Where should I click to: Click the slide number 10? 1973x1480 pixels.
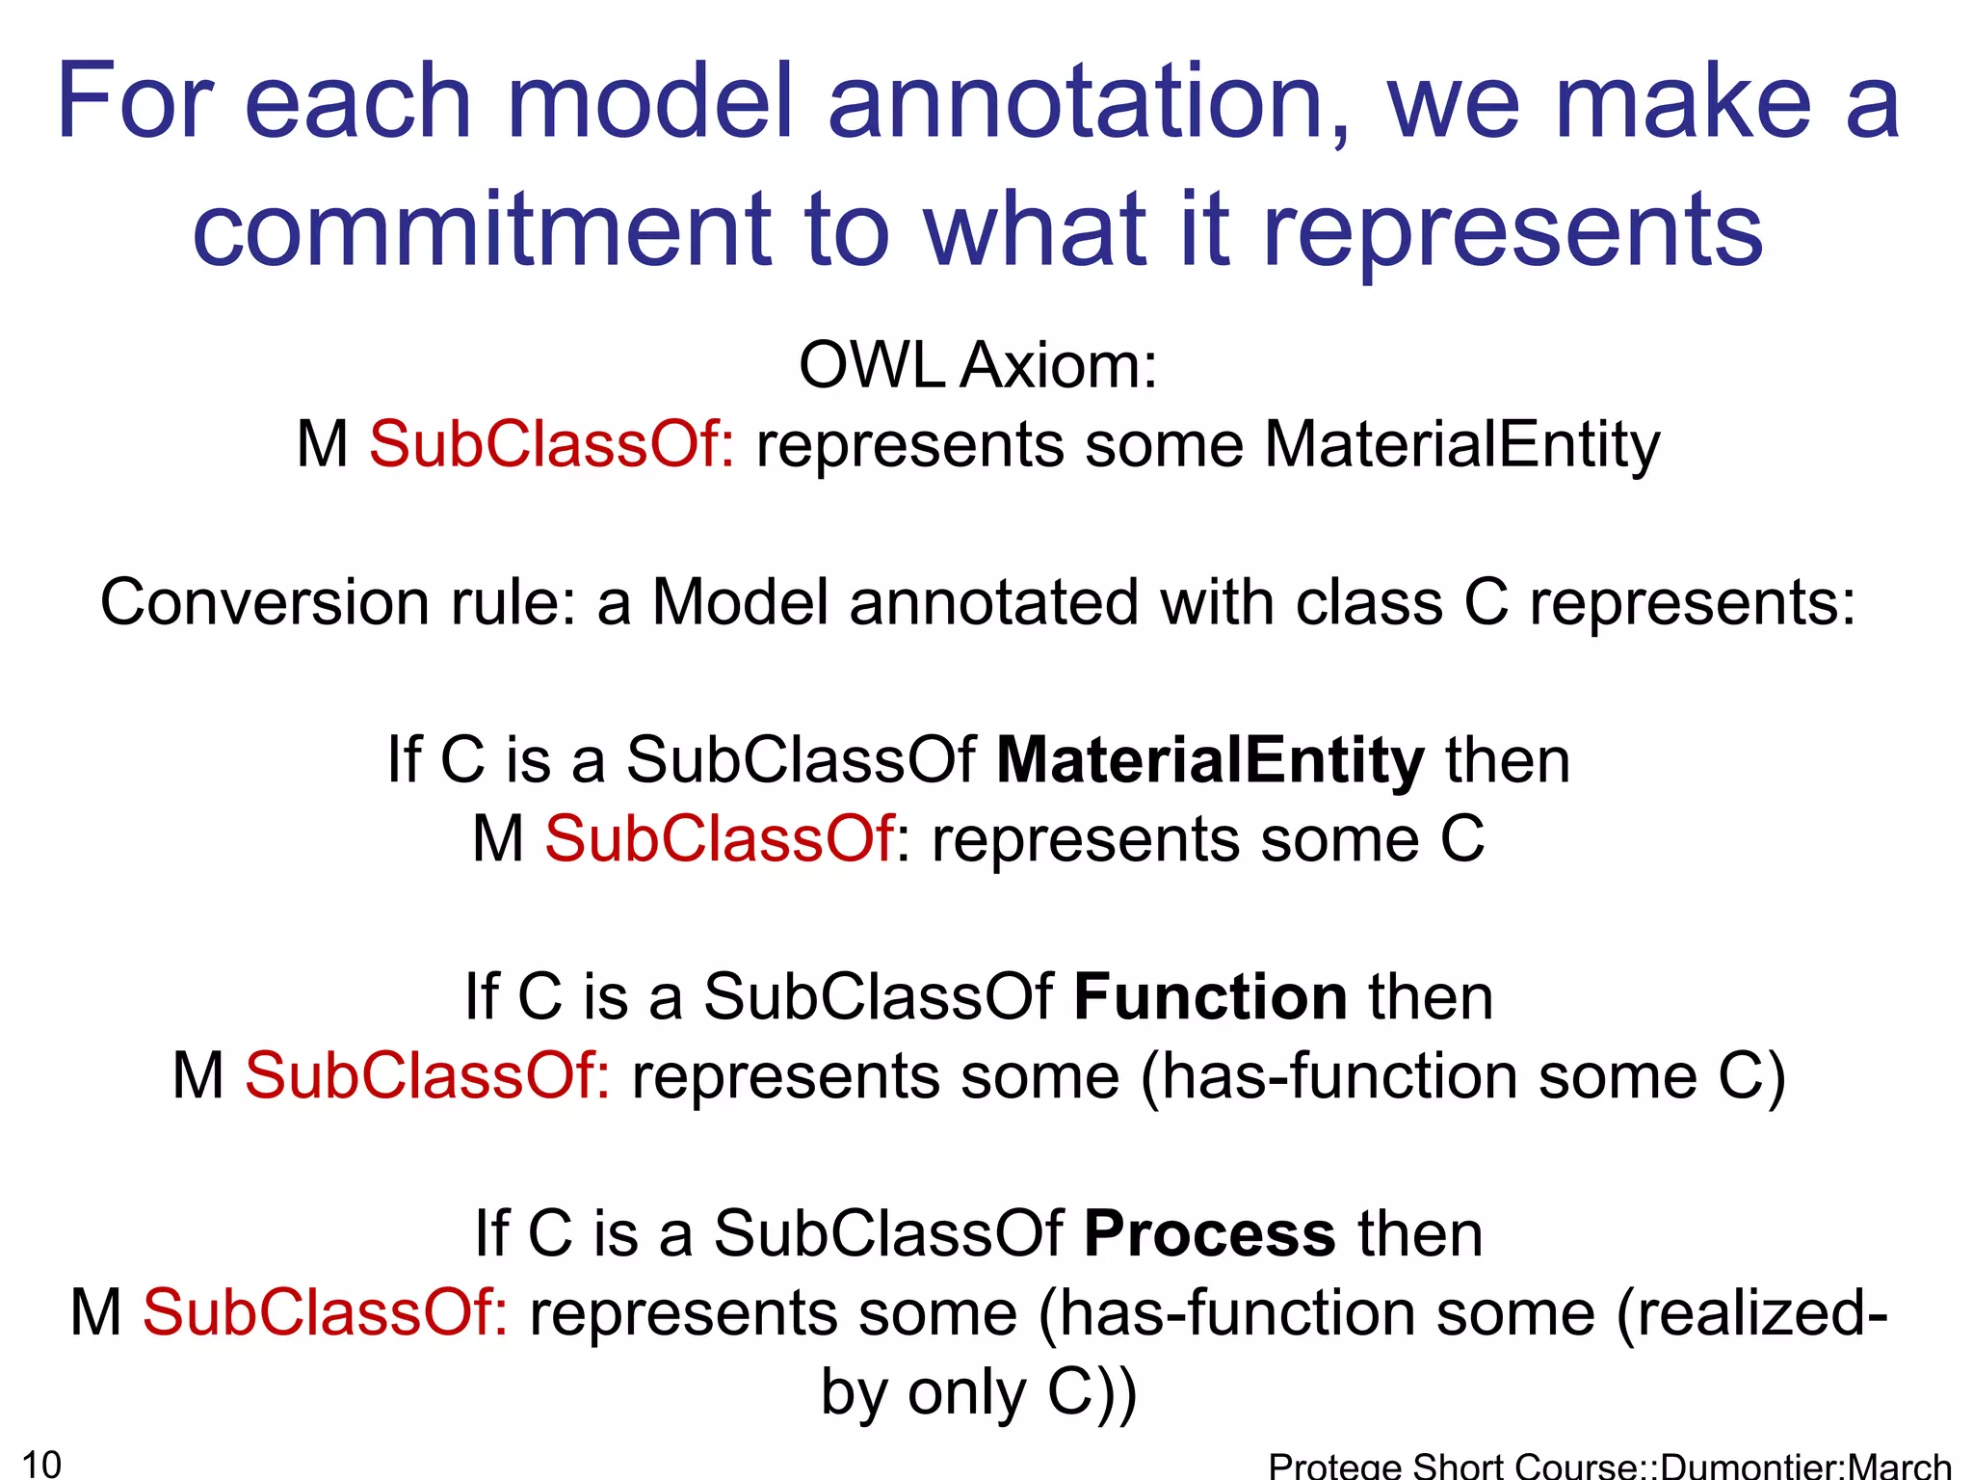[x=41, y=1464]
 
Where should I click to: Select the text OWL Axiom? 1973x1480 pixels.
[x=978, y=366]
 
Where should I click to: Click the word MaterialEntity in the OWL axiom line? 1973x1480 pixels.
[x=1461, y=445]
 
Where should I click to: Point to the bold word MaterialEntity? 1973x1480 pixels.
[x=1210, y=760]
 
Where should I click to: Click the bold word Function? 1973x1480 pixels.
[x=1210, y=997]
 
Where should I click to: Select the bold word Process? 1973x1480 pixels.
[x=1210, y=1234]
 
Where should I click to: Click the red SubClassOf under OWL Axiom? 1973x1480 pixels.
[x=552, y=445]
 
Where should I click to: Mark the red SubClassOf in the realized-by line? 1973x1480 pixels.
[x=326, y=1313]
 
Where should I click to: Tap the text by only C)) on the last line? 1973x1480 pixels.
[x=978, y=1392]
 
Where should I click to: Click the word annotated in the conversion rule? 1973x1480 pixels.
[x=992, y=603]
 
